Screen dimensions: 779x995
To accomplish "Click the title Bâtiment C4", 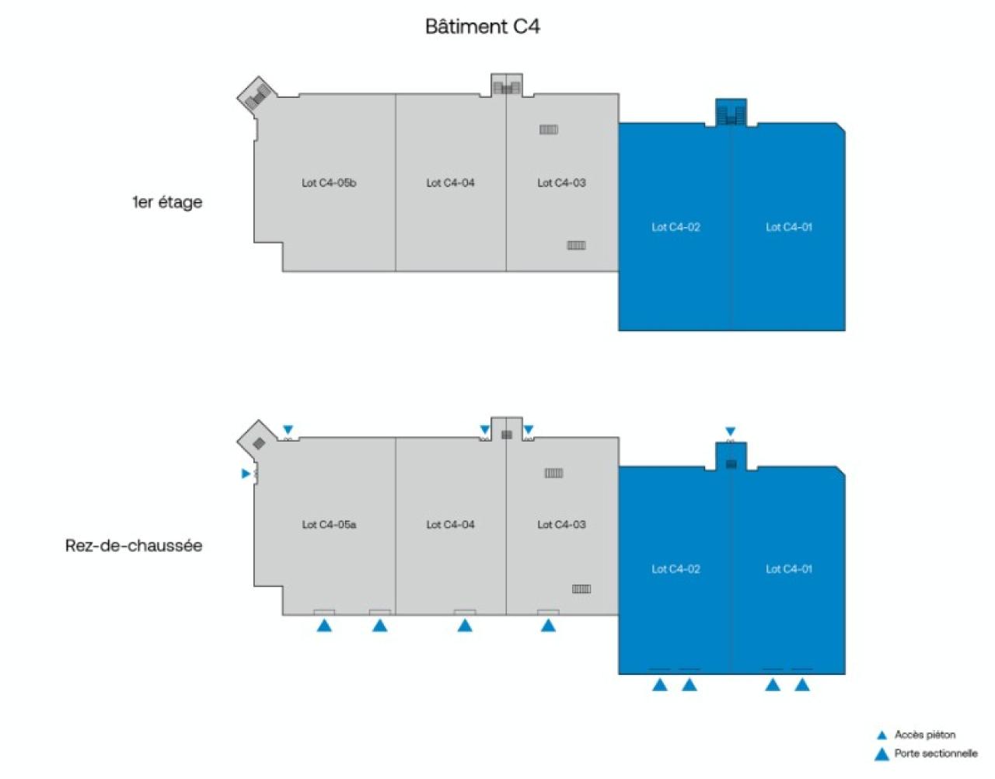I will point(482,26).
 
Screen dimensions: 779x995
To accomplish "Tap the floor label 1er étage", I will point(167,202).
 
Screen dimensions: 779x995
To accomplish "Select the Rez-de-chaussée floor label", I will point(134,546).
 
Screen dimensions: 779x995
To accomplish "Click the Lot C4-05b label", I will point(329,183).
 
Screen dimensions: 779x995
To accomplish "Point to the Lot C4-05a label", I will point(329,525).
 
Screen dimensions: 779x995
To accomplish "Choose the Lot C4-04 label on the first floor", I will point(450,183).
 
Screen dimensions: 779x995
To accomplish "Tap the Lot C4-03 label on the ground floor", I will point(561,525).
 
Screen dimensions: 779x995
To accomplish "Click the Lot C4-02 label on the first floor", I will point(676,227).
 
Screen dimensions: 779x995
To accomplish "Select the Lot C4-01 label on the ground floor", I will point(789,569).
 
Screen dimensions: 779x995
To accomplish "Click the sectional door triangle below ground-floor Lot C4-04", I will point(465,625).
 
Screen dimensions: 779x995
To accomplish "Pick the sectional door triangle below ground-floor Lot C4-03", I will point(548,625).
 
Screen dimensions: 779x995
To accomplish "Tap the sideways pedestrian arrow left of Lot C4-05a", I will point(246,473).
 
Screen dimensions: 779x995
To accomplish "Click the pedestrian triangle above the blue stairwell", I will point(730,431).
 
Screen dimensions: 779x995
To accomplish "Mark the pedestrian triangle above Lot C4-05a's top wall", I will point(288,430).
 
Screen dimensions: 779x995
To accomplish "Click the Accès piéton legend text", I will point(924,735).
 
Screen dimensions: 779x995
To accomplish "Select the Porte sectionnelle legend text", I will point(935,753).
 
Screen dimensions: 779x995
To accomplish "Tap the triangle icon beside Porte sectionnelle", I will point(882,753).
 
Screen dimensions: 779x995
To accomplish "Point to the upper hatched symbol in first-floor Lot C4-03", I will point(549,130).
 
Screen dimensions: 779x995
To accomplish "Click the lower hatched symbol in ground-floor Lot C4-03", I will point(581,589).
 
